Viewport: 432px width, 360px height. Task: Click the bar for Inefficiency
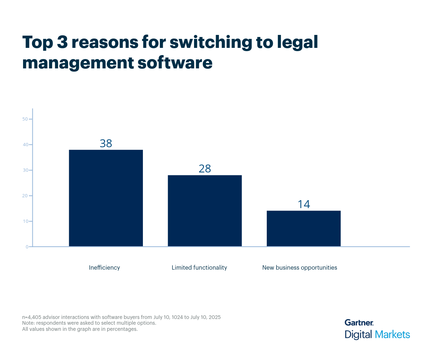[x=106, y=198]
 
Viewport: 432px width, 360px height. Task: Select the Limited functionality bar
[x=205, y=211]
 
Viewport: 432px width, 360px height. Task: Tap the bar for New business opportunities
[x=303, y=229]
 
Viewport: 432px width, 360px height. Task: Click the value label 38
[x=106, y=144]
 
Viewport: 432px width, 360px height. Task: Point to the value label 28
[x=205, y=169]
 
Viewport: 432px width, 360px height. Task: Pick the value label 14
[x=303, y=204]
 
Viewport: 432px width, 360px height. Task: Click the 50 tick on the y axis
[x=25, y=119]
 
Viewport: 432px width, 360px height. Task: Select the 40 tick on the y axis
[x=25, y=145]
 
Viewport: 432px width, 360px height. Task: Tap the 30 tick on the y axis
[x=25, y=170]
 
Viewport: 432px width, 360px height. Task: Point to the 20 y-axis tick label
[x=25, y=196]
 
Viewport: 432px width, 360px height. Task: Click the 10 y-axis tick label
[x=25, y=221]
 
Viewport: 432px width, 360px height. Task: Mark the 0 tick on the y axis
[x=27, y=247]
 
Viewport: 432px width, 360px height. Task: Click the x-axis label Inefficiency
[x=104, y=267]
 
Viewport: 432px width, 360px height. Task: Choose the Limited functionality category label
[x=199, y=267]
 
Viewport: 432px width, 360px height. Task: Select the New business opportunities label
[x=300, y=267]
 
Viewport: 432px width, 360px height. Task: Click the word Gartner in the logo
[x=359, y=323]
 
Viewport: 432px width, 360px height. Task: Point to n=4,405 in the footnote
[x=33, y=317]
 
